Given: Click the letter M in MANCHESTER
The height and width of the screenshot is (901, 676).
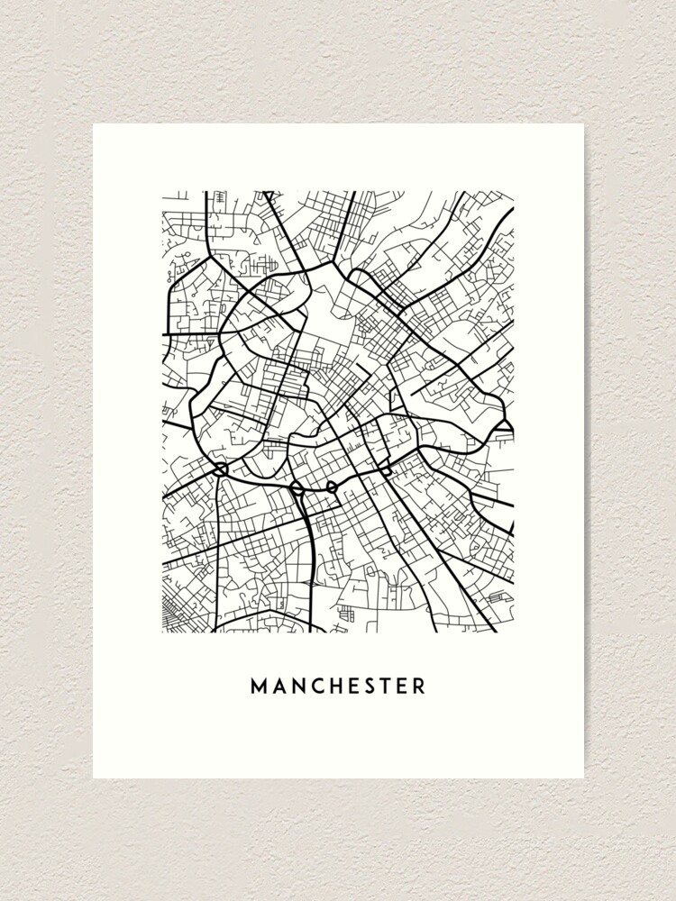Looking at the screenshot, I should click(x=260, y=687).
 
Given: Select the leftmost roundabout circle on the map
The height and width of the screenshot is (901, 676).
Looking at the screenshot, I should click(x=221, y=469).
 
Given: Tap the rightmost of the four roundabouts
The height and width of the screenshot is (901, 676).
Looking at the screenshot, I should click(x=386, y=471).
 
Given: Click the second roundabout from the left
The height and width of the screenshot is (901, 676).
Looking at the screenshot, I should click(x=296, y=488).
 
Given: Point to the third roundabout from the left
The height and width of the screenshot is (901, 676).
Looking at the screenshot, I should click(x=331, y=487).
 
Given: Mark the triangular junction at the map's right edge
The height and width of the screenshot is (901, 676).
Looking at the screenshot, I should click(x=506, y=425).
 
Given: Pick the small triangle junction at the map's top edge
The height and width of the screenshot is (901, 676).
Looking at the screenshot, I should click(x=268, y=195).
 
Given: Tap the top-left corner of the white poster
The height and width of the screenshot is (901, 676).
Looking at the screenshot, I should click(x=94, y=124).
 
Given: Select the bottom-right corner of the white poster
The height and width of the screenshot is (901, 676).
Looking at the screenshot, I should click(x=583, y=778).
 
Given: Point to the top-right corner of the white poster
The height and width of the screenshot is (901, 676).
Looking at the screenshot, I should click(x=583, y=124).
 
